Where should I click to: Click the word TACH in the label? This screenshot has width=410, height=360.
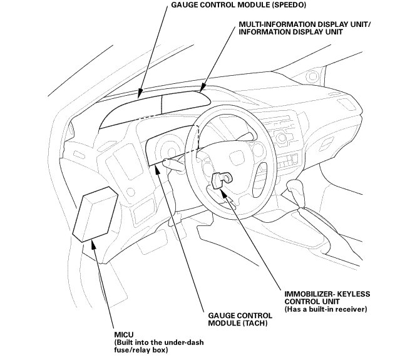point(255,323)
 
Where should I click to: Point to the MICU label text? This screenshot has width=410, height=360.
point(124,334)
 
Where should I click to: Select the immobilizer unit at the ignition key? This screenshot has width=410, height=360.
point(222,180)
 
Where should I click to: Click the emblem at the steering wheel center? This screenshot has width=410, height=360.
point(237,158)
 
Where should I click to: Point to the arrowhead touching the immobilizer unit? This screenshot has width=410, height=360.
point(225,193)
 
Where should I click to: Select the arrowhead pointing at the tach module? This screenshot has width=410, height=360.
point(157,170)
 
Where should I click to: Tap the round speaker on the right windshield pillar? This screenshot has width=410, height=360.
point(312,76)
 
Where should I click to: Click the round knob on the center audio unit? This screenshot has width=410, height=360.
point(282,138)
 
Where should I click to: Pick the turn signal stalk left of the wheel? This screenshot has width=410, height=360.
point(173,165)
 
